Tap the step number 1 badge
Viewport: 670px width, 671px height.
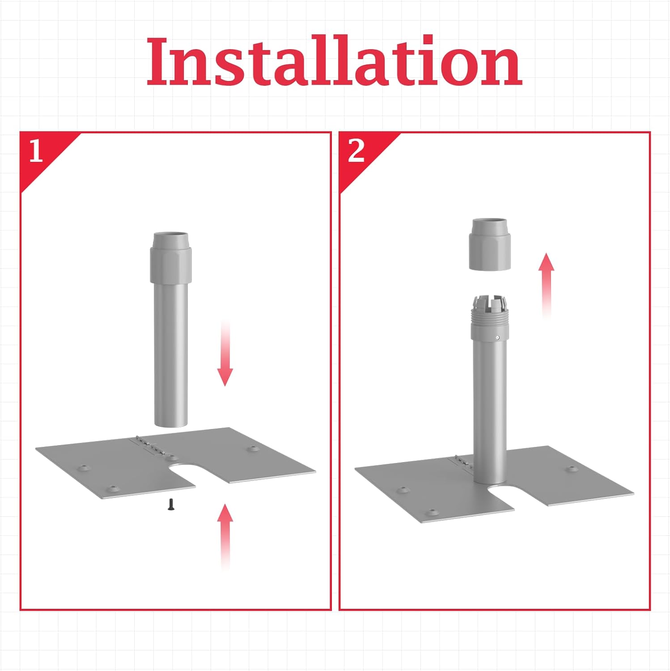click(35, 151)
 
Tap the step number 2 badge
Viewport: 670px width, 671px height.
click(356, 151)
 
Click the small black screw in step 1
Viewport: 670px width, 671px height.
click(171, 504)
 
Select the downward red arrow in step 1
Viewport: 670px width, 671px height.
click(225, 353)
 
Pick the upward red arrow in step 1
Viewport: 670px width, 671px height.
click(225, 537)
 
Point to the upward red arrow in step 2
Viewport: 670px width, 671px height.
click(546, 285)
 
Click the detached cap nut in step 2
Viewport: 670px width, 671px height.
click(489, 245)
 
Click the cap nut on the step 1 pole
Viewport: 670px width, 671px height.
click(171, 258)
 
